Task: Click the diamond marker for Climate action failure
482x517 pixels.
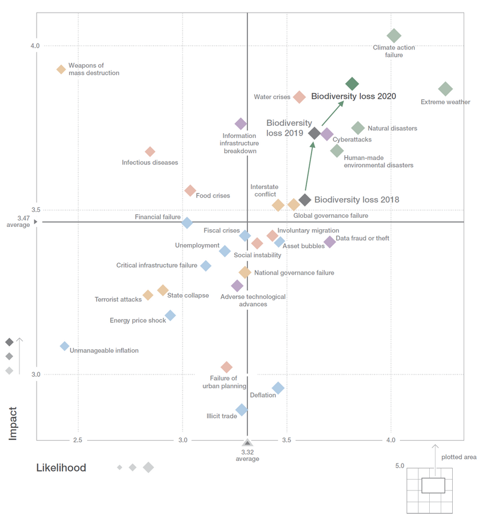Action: click(x=394, y=36)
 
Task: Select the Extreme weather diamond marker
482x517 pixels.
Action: click(x=445, y=89)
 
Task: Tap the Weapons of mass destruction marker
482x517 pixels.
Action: click(x=61, y=70)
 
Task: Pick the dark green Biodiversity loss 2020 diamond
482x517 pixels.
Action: click(x=352, y=84)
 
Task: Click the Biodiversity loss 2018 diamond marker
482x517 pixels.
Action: click(x=305, y=200)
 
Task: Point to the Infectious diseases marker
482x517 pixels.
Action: click(x=150, y=152)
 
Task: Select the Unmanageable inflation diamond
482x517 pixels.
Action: click(x=64, y=346)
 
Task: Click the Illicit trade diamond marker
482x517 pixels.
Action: click(x=242, y=410)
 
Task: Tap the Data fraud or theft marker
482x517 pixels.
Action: click(x=329, y=242)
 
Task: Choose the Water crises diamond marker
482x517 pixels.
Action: click(x=299, y=97)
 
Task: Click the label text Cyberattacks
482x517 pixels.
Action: click(x=352, y=140)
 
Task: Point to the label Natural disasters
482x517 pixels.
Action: click(x=392, y=129)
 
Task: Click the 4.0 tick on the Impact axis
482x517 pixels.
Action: click(x=35, y=46)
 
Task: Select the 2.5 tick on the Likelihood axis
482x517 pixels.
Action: click(x=77, y=440)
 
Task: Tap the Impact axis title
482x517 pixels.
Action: click(x=13, y=423)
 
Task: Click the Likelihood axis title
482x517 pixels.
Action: click(x=61, y=468)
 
